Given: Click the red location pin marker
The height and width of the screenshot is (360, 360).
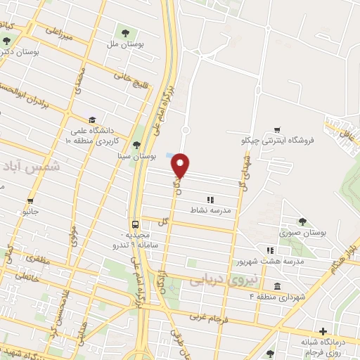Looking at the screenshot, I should tap(181, 164).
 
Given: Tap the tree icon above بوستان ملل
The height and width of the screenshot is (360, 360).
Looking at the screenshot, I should tap(125, 33).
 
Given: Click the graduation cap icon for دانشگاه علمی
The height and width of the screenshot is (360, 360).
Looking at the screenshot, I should tap(92, 119).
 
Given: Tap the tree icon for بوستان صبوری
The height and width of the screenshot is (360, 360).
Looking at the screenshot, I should tap(302, 221).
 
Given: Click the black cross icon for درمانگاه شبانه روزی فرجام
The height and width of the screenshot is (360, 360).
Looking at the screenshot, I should tap(323, 331).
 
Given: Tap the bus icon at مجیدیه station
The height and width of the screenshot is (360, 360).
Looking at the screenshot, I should tap(134, 224).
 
